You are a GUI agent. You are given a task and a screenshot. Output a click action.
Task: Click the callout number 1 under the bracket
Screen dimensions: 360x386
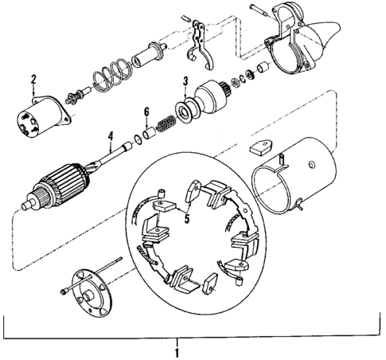[x=177, y=350]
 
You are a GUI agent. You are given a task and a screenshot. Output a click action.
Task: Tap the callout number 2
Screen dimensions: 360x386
[x=34, y=78]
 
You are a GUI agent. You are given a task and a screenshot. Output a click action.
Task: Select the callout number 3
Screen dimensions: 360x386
[x=185, y=80]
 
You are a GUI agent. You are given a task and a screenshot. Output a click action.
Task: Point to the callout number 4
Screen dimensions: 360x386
[x=111, y=135]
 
